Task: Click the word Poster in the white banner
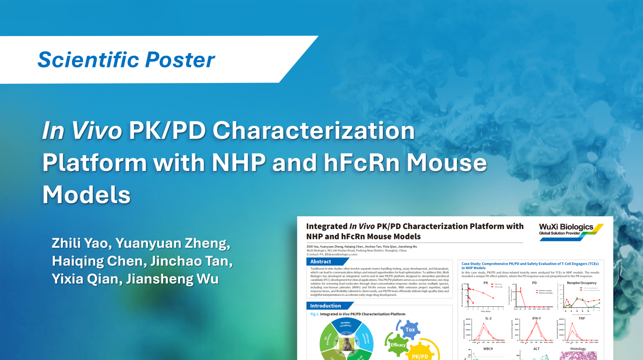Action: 180,60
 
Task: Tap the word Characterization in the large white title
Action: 313,130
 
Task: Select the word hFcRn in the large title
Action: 361,163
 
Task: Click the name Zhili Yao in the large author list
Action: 79,243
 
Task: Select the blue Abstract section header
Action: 321,262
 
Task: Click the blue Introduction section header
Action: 325,306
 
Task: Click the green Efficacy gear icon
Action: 398,345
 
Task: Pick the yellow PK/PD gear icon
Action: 420,354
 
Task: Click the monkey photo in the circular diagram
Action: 346,345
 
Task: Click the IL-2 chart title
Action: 488,318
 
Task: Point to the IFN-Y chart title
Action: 536,318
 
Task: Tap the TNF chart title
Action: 581,318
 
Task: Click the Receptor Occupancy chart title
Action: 581,283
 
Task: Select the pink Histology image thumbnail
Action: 578,355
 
